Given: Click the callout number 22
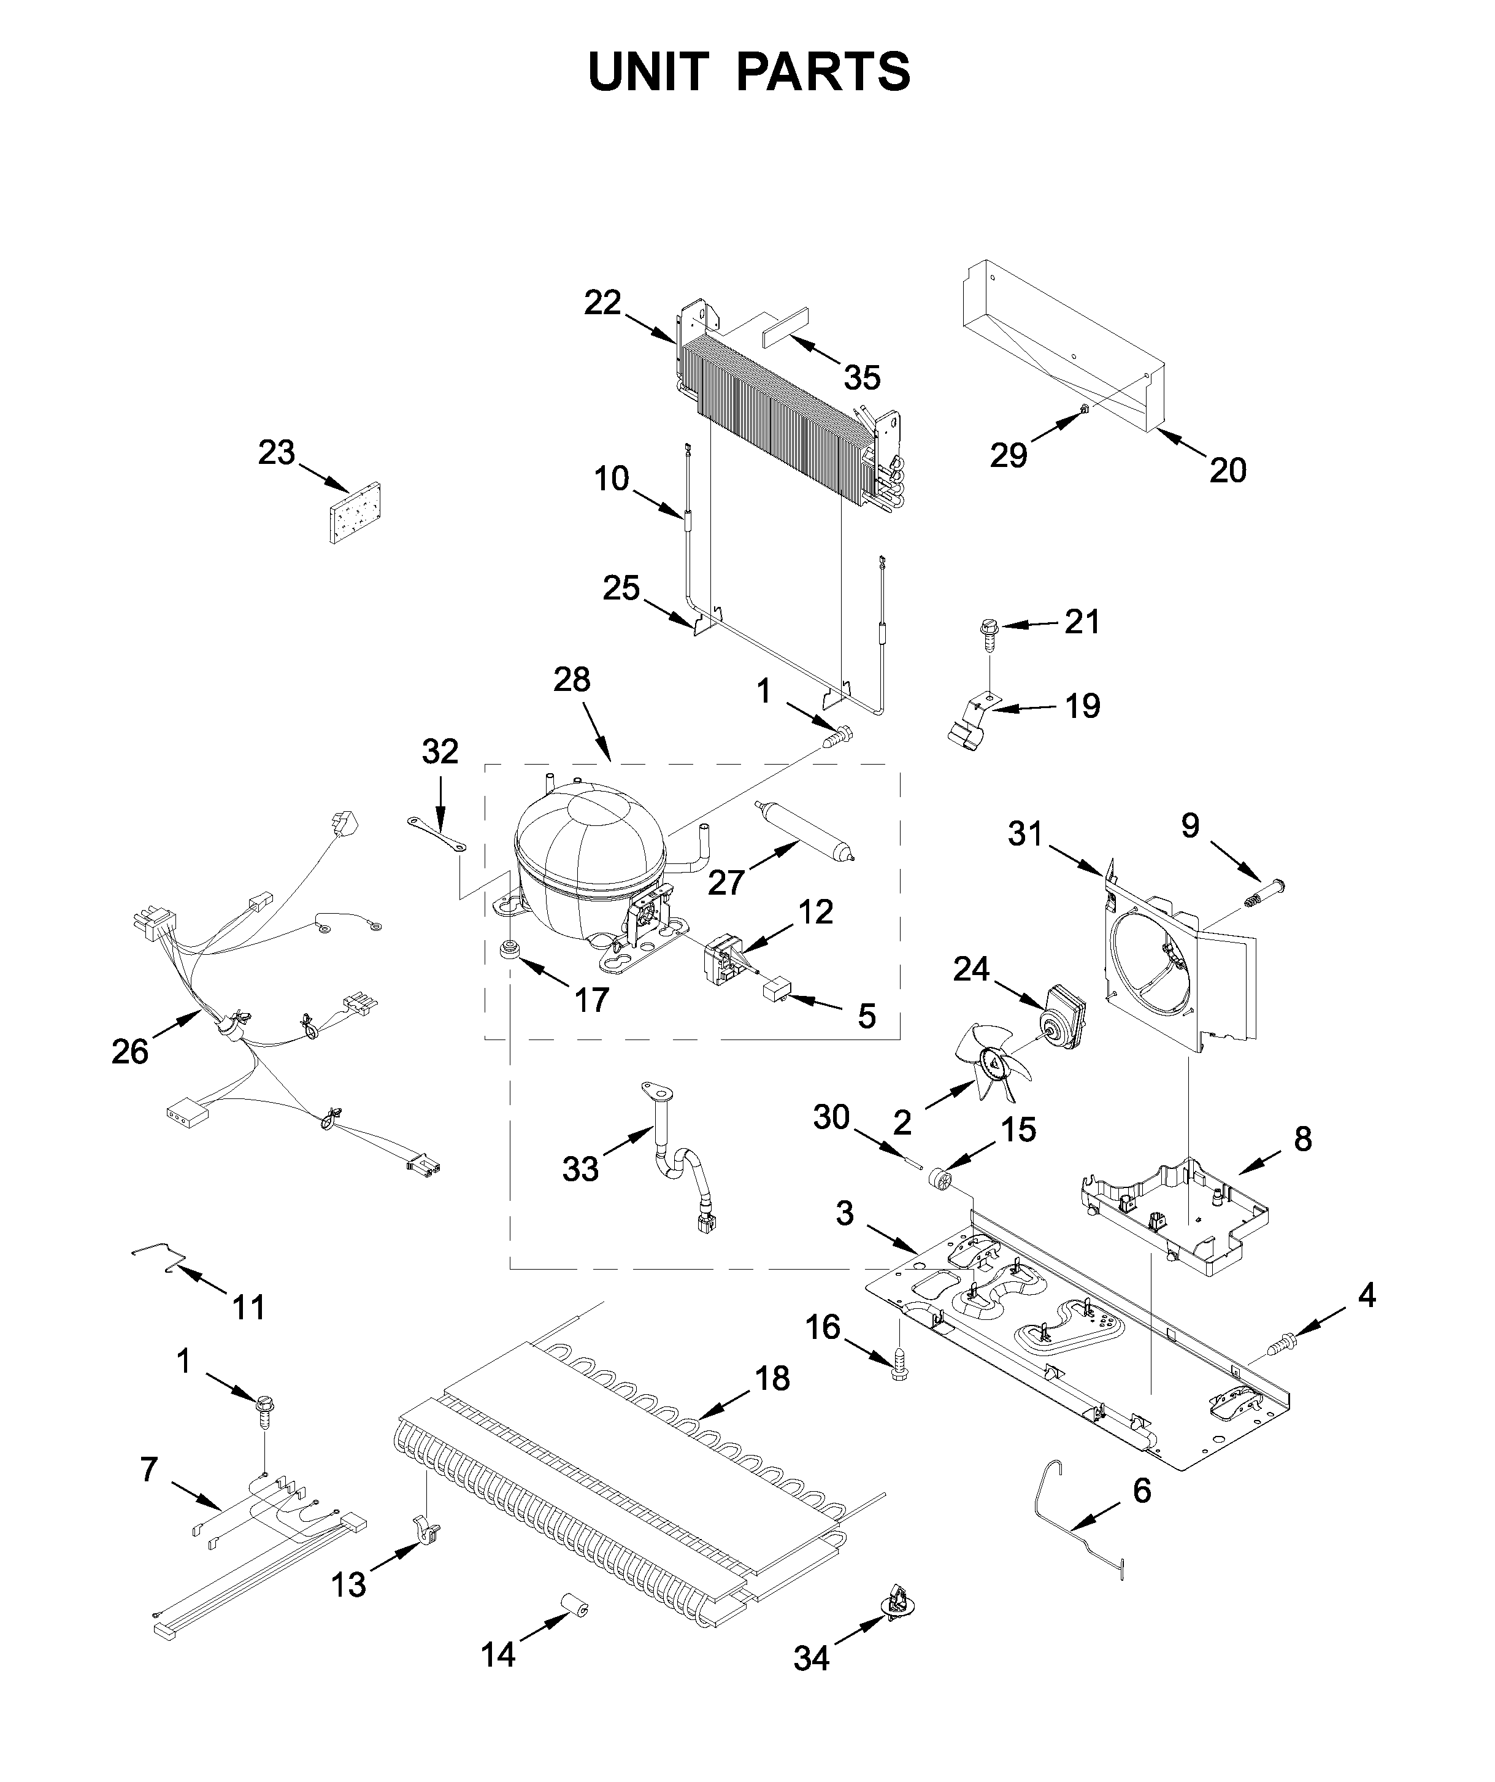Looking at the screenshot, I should click(602, 303).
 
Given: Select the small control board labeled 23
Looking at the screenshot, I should click(354, 514).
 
